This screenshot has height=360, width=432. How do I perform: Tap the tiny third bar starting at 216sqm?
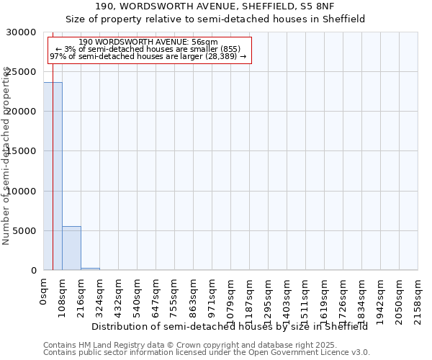[x=90, y=269]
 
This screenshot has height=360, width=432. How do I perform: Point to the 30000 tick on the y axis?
[x=24, y=32]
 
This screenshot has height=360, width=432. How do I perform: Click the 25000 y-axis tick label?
[x=24, y=72]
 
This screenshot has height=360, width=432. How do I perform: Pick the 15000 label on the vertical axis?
[x=24, y=151]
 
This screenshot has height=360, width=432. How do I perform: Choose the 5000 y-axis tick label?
[x=27, y=231]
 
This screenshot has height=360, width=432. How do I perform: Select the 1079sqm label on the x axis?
[x=231, y=296]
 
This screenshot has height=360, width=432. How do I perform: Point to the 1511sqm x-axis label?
[x=306, y=296]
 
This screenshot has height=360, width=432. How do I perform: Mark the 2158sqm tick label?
[x=418, y=296]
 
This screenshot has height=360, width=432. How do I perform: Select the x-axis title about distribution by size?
[x=230, y=326]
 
